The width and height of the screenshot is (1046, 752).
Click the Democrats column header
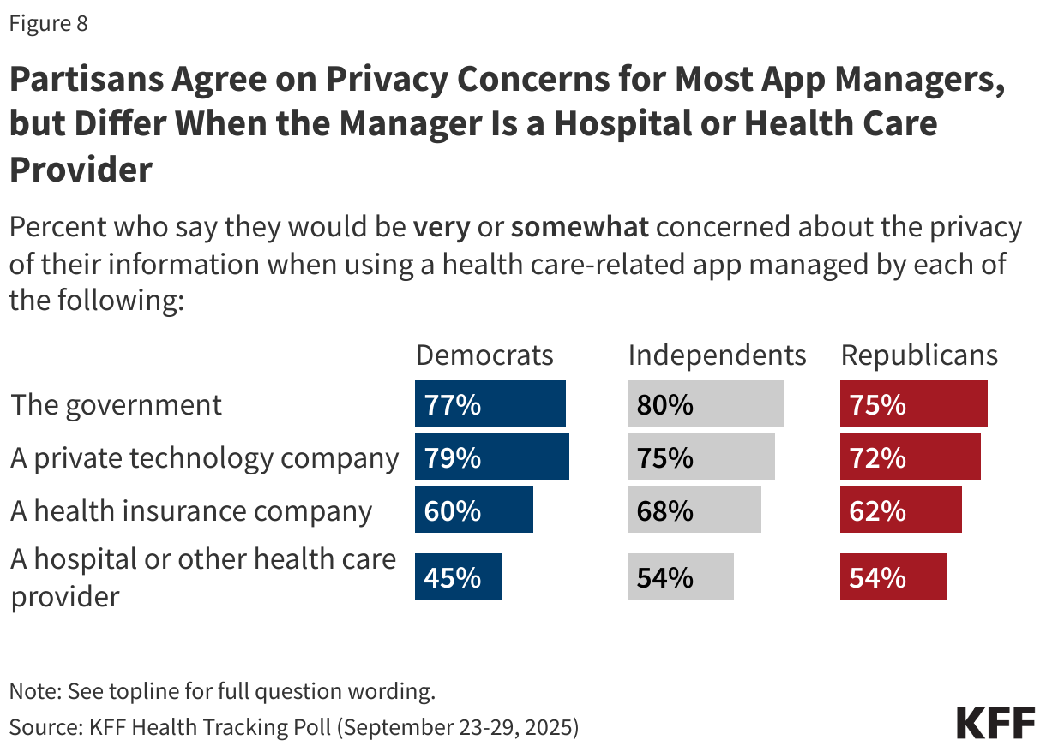click(484, 355)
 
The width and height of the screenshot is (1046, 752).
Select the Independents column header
click(717, 355)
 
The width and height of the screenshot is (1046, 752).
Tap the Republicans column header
click(919, 355)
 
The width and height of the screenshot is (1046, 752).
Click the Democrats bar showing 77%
click(490, 404)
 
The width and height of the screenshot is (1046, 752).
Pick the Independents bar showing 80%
click(705, 404)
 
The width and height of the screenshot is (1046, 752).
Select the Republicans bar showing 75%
click(913, 404)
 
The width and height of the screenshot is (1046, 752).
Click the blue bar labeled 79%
click(492, 457)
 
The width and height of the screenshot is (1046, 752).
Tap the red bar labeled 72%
click(910, 457)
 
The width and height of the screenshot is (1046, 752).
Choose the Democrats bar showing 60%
click(474, 510)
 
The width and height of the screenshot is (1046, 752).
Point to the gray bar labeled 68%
click(694, 510)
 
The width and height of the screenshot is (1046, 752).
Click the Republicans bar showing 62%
click(900, 510)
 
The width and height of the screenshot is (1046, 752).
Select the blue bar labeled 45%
click(459, 576)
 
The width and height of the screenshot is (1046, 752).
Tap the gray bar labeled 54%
click(680, 576)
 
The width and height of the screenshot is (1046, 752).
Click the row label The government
click(117, 404)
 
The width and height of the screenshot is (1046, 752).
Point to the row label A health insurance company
click(191, 511)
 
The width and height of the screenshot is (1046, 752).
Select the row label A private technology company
click(204, 458)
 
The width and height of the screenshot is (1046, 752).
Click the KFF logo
click(995, 724)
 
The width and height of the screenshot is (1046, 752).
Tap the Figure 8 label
click(49, 24)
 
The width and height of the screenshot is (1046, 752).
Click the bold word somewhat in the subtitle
click(580, 228)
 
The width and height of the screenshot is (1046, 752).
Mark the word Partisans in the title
click(85, 81)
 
